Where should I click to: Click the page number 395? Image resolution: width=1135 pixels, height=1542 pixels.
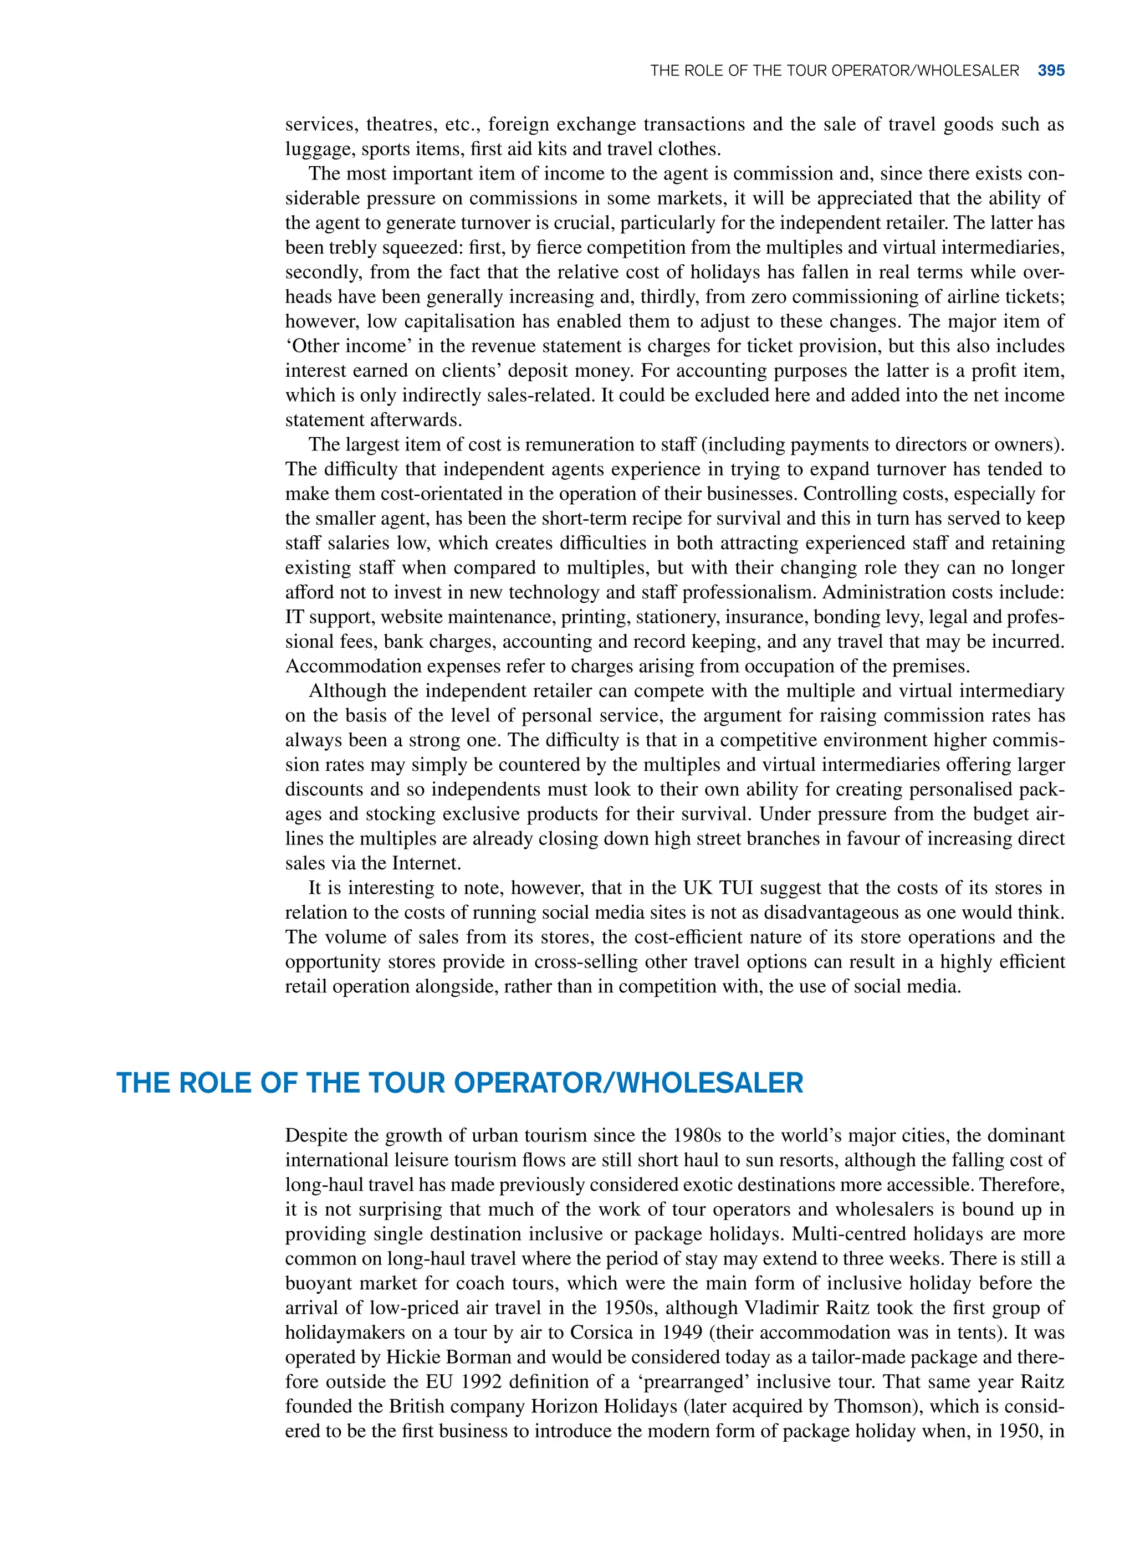click(x=1051, y=71)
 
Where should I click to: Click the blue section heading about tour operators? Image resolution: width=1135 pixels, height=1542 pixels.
click(x=459, y=1083)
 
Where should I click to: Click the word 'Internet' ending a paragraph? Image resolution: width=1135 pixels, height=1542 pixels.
click(x=426, y=863)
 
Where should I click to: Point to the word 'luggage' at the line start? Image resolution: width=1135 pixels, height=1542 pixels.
click(x=319, y=149)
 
